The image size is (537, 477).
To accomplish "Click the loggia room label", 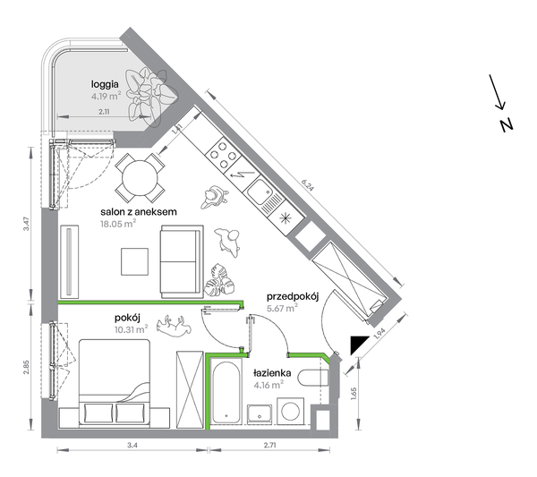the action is click(x=105, y=85).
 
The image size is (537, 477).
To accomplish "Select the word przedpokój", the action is click(x=293, y=297).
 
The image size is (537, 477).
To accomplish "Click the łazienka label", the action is click(x=272, y=372).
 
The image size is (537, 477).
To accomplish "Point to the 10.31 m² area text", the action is click(x=132, y=329).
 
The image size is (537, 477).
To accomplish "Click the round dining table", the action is click(x=141, y=178).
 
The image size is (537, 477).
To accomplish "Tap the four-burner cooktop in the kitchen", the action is click(x=224, y=155).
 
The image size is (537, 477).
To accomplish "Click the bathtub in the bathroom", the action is click(x=226, y=391).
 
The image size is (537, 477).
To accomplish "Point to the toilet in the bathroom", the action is click(x=313, y=378).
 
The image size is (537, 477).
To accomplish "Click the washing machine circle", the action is click(x=290, y=411).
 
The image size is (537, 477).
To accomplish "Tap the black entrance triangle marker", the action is click(x=358, y=345).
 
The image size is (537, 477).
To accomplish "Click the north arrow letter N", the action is click(x=507, y=125).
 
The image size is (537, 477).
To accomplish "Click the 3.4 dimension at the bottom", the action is click(x=132, y=445).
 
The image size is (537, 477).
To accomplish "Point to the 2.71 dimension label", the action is click(x=270, y=445).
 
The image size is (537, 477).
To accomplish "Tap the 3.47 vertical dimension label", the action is click(x=27, y=224).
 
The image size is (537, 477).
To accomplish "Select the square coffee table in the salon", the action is click(x=134, y=261).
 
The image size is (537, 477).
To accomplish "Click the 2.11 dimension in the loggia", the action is click(x=104, y=112).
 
